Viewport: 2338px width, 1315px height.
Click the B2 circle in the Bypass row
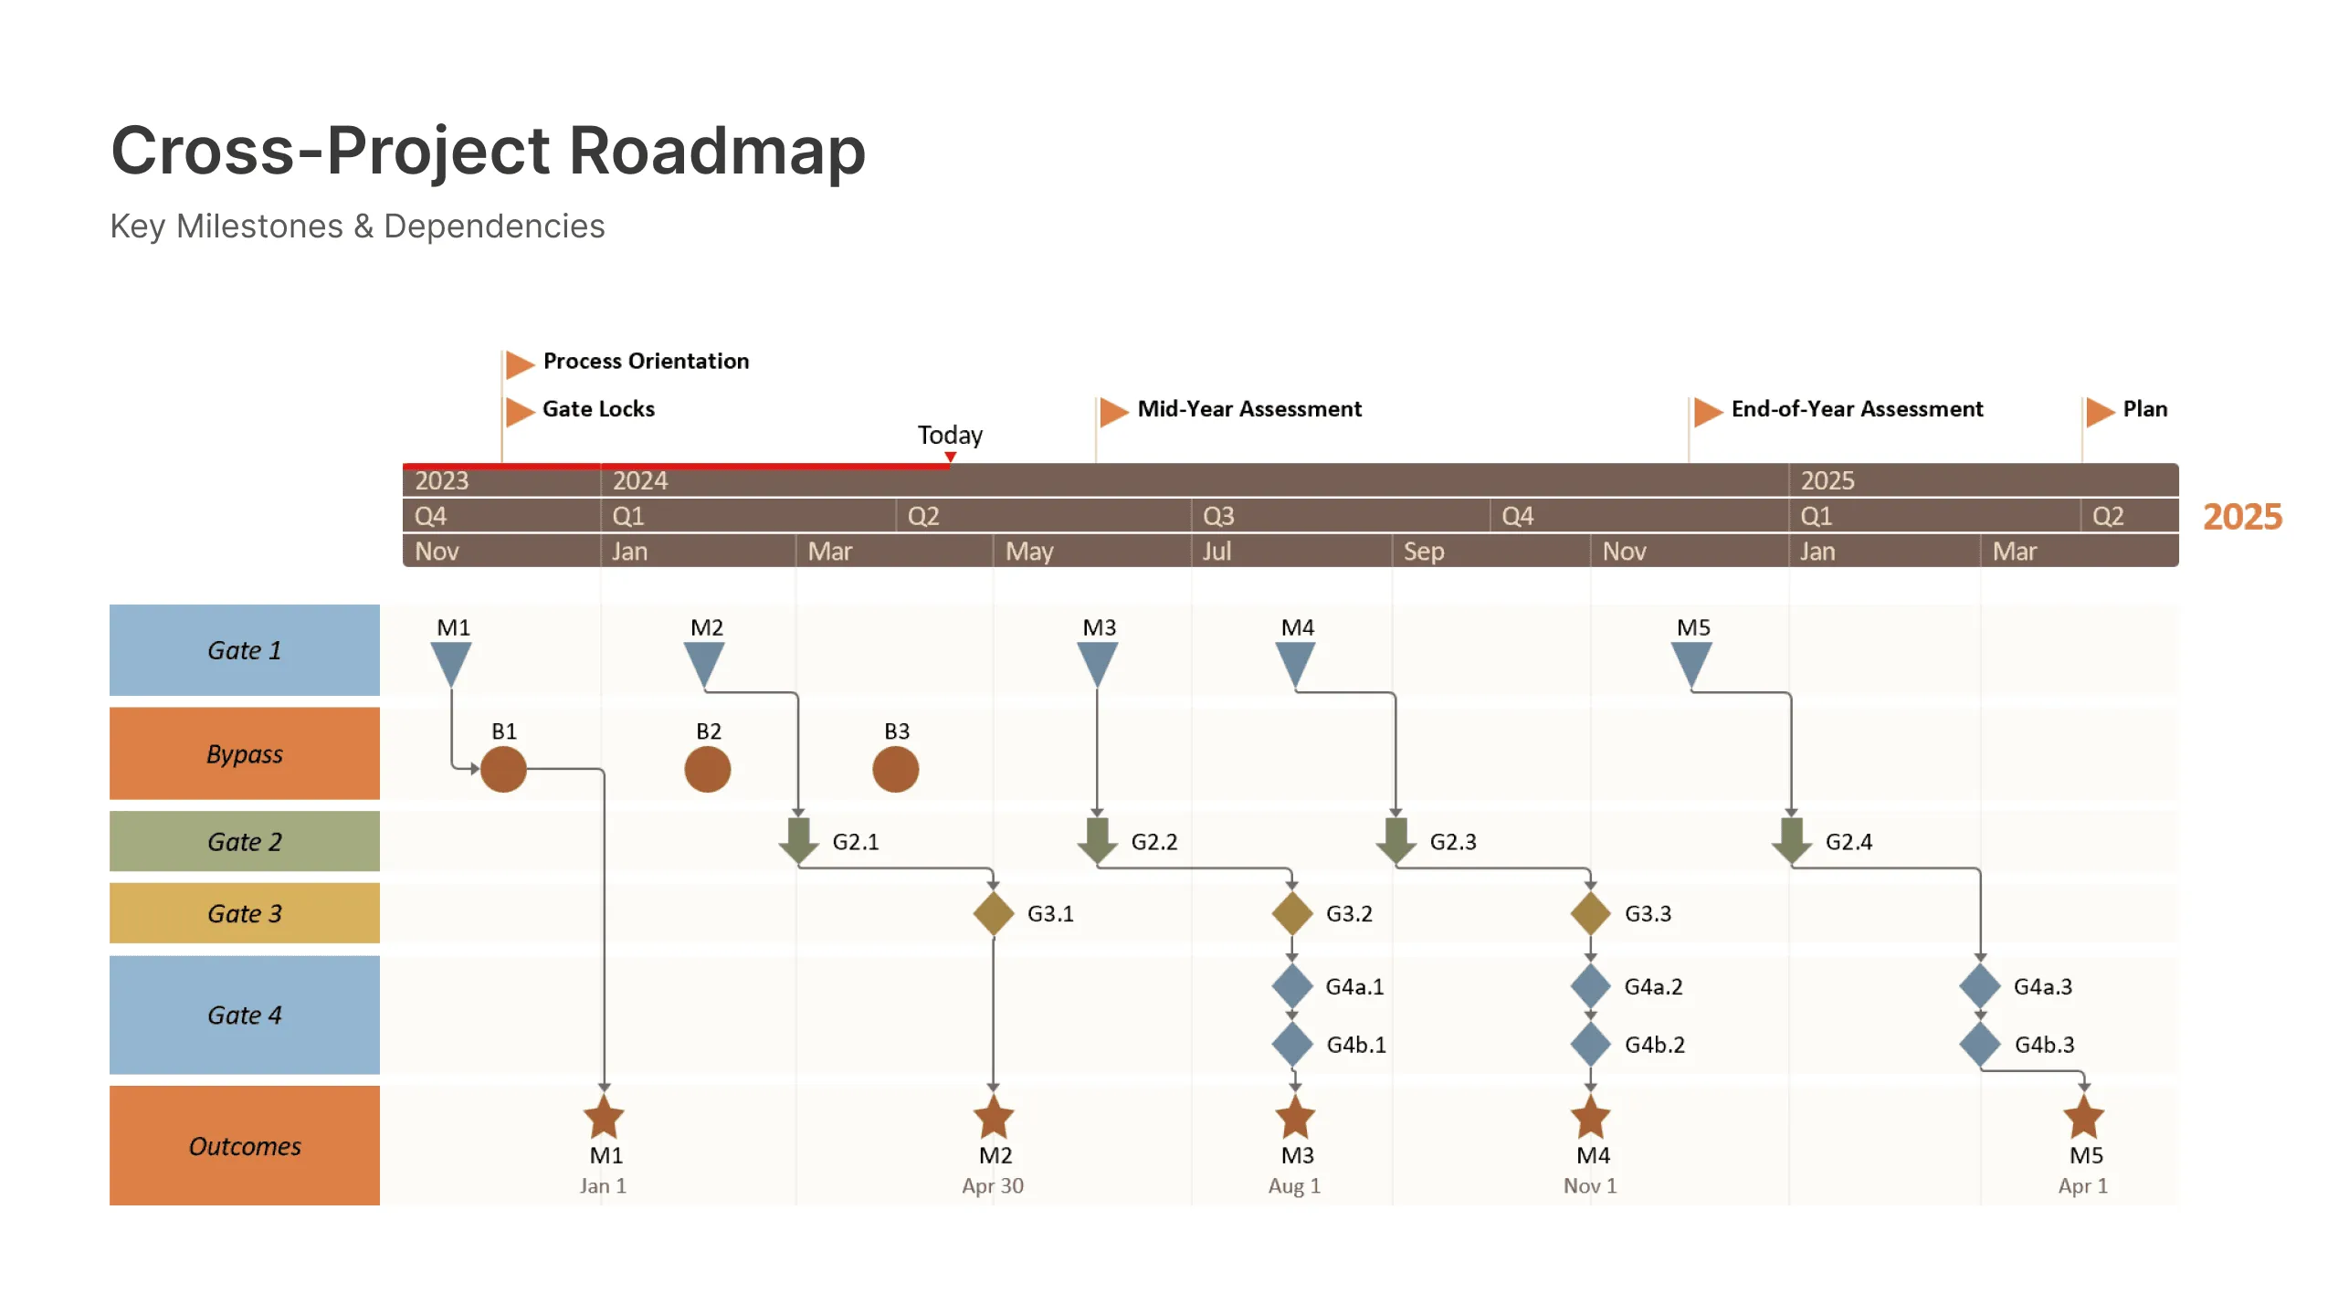click(x=707, y=769)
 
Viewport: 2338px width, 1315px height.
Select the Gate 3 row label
click(x=245, y=913)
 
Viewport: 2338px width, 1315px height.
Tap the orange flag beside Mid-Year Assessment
click(x=1113, y=411)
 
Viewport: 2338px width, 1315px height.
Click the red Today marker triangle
click(x=950, y=458)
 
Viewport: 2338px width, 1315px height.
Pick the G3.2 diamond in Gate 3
click(x=1292, y=913)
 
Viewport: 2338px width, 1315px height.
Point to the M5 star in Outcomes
click(x=2083, y=1117)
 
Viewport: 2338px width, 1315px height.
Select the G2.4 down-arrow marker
click(x=1791, y=840)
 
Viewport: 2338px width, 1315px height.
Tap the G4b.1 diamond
click(x=1292, y=1044)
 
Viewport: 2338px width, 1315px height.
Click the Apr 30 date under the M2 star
click(x=993, y=1186)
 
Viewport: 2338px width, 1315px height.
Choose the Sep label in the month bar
click(x=1424, y=552)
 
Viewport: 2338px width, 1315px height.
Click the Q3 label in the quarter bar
click(x=1218, y=516)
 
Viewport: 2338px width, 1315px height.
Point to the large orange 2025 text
click(x=2242, y=517)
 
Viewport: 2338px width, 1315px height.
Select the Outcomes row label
click(x=245, y=1146)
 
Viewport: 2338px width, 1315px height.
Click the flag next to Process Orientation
click(x=519, y=363)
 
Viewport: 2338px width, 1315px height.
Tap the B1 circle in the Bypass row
click(x=503, y=769)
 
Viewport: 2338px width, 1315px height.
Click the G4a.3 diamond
click(x=1980, y=986)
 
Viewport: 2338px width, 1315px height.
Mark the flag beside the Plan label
click(x=2100, y=411)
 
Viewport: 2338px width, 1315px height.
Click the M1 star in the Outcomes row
click(x=604, y=1117)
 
